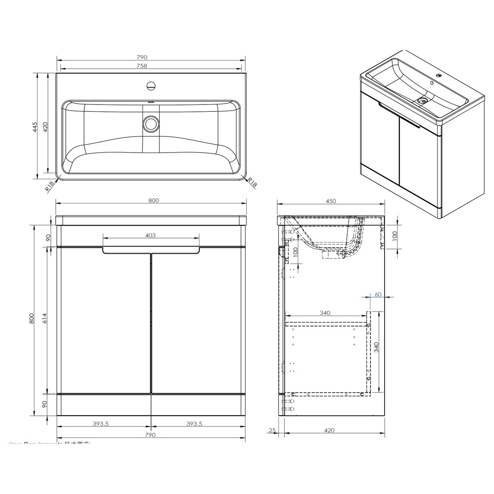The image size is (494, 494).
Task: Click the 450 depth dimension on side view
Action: (331, 201)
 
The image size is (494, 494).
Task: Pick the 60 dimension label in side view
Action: (378, 294)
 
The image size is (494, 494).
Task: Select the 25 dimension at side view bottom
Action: (272, 431)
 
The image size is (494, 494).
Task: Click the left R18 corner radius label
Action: (50, 186)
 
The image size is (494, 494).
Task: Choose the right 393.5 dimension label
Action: (194, 424)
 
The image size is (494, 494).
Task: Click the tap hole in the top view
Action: (151, 86)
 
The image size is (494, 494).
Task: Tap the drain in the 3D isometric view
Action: (423, 100)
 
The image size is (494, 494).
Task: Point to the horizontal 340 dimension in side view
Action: (325, 313)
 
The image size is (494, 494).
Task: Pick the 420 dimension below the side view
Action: (329, 431)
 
